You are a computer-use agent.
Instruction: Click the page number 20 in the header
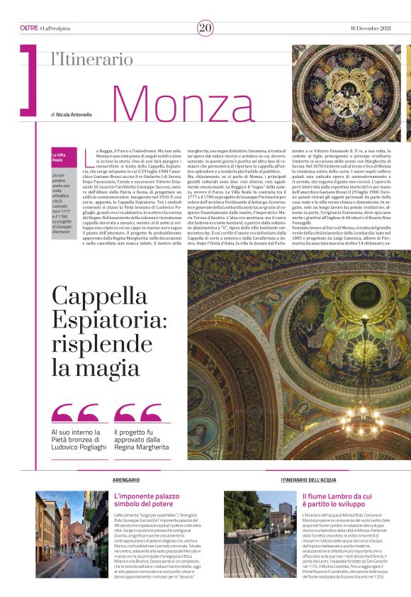205,28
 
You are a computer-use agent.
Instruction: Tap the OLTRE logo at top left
28,28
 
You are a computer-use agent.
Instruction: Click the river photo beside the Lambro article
259,535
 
